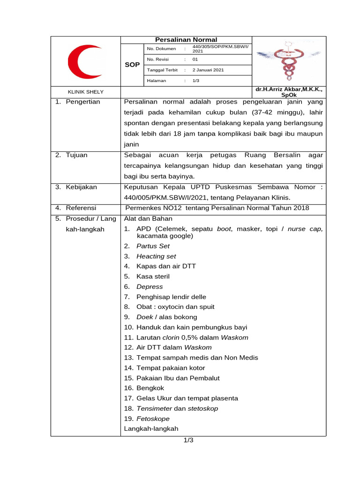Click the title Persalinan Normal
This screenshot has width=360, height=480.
click(x=186, y=40)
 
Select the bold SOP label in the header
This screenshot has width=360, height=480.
click(x=132, y=65)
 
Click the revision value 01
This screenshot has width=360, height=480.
click(x=195, y=60)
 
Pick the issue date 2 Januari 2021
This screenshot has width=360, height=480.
click(x=208, y=70)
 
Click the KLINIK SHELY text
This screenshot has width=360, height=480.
click(x=86, y=92)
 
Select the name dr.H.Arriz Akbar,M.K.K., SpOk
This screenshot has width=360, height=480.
click(x=289, y=91)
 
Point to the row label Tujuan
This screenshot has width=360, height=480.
click(x=76, y=155)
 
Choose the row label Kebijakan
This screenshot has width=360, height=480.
click(x=81, y=187)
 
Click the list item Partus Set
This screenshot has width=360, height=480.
click(x=153, y=246)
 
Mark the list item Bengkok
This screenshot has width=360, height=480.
click(x=150, y=388)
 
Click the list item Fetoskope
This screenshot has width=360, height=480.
click(x=153, y=419)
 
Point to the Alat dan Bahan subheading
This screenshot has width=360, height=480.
click(x=148, y=218)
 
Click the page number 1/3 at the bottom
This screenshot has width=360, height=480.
click(x=188, y=440)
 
